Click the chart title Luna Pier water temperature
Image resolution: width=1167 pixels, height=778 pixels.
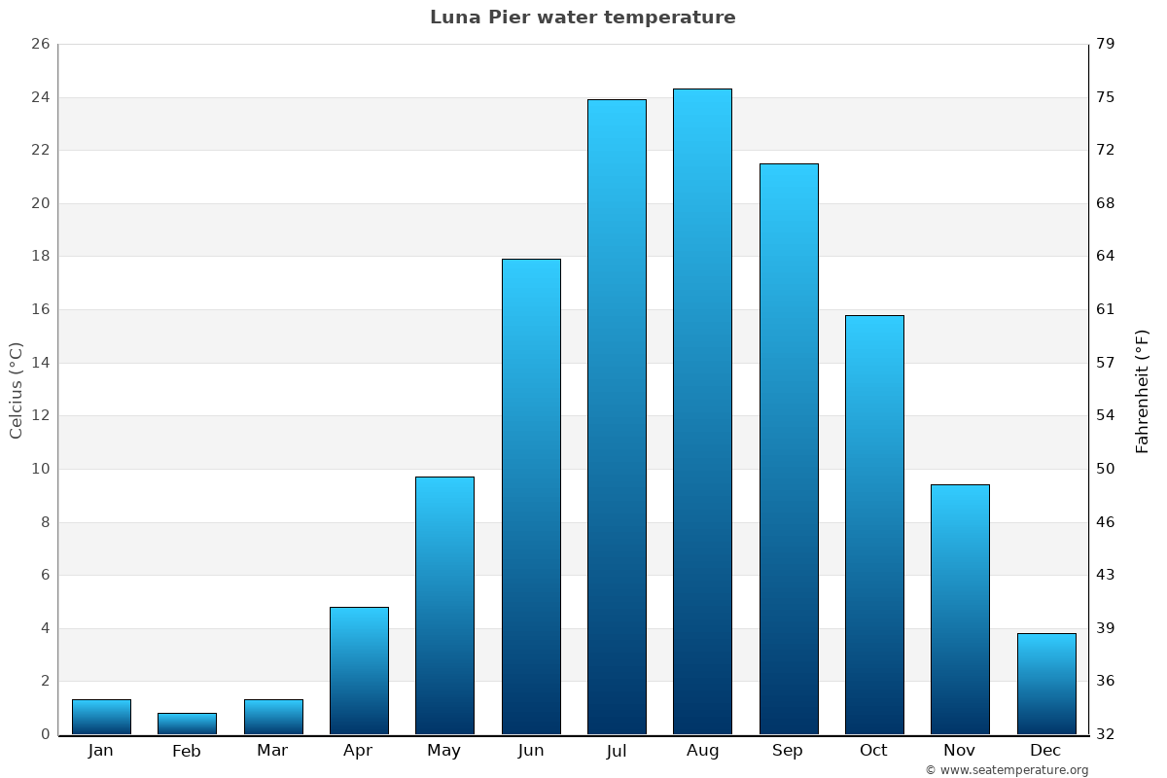583,18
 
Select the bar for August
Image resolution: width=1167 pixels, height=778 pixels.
702,411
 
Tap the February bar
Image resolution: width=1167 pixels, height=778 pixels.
187,724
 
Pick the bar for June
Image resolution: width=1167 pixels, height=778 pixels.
531,496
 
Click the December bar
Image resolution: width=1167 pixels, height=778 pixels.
1046,684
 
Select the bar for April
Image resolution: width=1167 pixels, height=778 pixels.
359,670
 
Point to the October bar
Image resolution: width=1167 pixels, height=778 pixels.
874,524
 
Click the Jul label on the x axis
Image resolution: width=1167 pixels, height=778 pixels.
617,751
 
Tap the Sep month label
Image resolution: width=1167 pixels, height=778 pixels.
788,751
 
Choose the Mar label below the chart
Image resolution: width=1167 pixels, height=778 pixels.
272,751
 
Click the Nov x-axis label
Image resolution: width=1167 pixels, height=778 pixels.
960,751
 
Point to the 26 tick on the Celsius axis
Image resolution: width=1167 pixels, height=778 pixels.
40,45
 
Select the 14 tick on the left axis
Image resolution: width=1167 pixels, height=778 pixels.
40,363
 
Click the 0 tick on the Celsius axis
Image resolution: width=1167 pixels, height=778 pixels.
45,734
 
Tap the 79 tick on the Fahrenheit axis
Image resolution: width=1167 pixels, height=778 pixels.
1106,45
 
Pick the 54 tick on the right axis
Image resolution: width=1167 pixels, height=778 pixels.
1106,416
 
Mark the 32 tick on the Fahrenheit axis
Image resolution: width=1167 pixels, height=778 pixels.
1106,734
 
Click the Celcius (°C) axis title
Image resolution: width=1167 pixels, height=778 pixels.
16,390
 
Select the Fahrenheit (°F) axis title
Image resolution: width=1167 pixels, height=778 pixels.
1143,390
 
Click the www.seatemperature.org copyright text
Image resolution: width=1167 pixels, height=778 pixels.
1007,770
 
